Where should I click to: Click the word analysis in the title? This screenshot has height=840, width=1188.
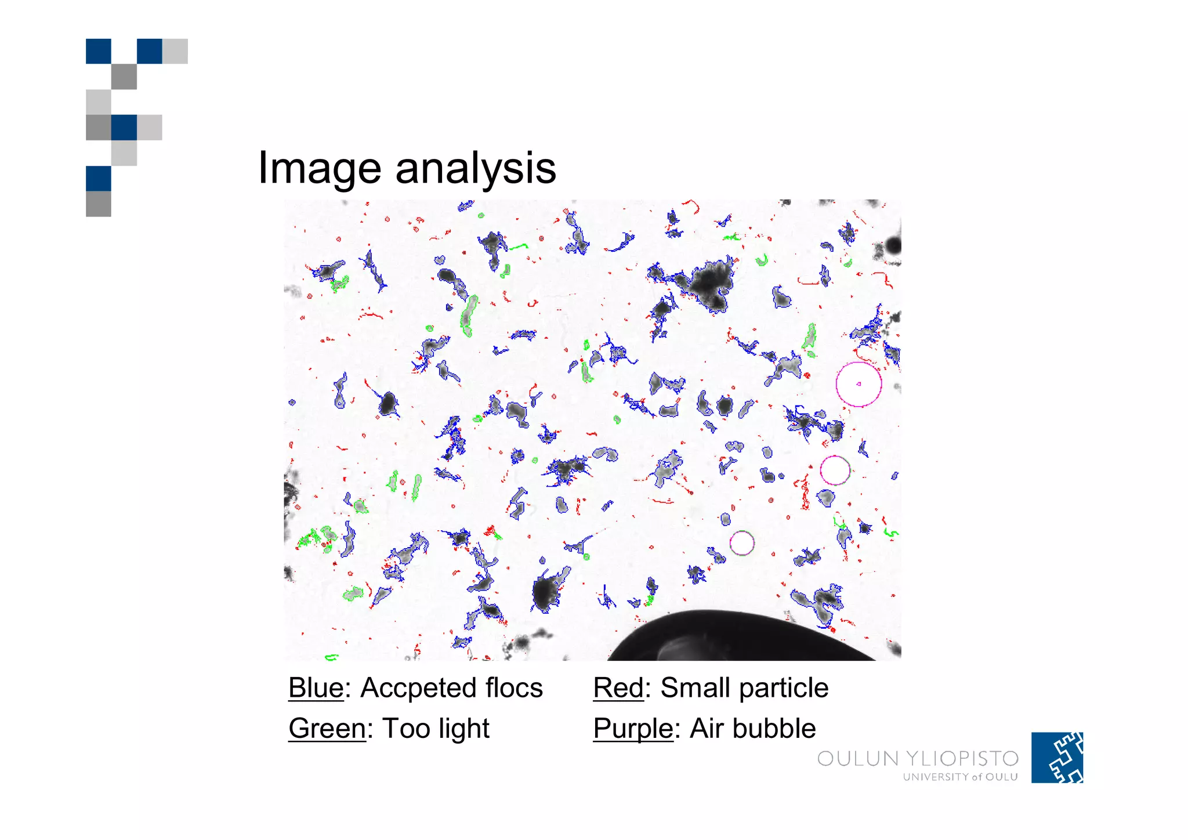coord(476,168)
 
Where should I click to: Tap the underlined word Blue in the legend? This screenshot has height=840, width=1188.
coord(316,688)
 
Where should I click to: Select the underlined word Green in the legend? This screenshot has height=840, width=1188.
coord(327,729)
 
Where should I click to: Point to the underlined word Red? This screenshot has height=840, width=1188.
coord(618,688)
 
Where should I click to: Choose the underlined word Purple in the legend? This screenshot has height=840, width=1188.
coord(633,729)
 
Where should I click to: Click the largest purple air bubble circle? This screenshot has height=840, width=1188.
coord(859,384)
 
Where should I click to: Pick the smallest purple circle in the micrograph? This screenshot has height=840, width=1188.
coord(742,543)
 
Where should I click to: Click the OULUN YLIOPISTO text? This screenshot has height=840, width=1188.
coord(918,759)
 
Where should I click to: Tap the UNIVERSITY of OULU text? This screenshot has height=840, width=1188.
coord(960,777)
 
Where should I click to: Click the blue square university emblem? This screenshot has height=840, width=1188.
coord(1057,758)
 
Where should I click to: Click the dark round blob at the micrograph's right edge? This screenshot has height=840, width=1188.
coord(893,246)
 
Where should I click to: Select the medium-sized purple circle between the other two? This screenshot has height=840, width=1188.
coord(835,470)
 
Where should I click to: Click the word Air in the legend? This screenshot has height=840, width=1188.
coord(705,729)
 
